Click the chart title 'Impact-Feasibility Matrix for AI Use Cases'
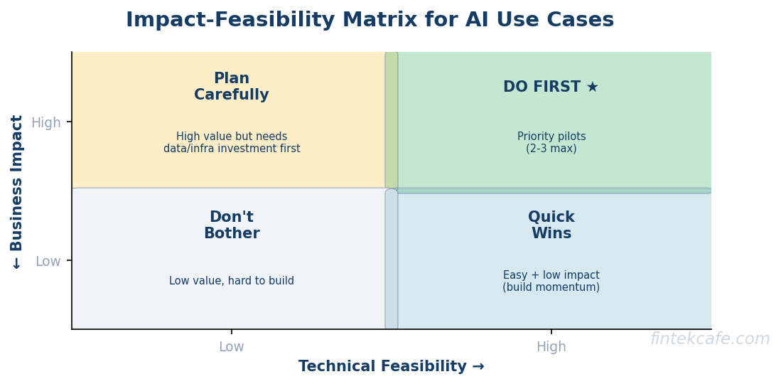pos(370,20)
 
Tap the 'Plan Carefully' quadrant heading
pos(232,87)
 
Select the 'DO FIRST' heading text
pos(542,87)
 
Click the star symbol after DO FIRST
pos(592,87)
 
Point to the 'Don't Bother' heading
pos(232,225)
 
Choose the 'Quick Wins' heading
pos(551,225)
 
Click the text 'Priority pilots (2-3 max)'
pos(551,142)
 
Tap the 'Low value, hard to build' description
pos(232,281)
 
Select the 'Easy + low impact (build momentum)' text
pos(551,281)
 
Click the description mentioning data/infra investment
pos(232,142)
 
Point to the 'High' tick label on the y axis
pos(46,123)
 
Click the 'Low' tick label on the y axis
pos(48,262)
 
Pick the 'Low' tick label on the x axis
pos(232,347)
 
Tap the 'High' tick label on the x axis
pos(551,347)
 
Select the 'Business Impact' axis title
pos(17,183)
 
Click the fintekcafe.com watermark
pos(710,339)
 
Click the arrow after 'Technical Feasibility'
pos(478,366)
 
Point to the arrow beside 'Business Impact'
pos(17,263)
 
